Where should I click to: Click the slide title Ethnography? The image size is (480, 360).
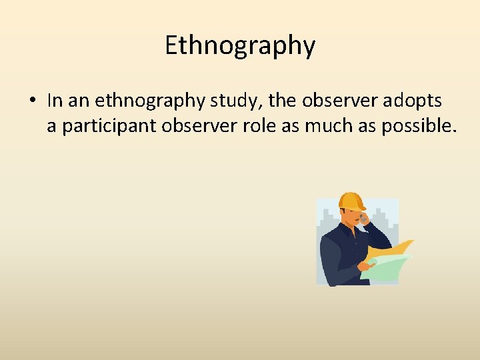click(240, 46)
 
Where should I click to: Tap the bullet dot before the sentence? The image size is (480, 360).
click(32, 101)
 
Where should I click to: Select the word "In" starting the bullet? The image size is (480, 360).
click(55, 101)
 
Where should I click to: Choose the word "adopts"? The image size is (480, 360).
click(414, 101)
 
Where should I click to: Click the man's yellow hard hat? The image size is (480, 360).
click(351, 201)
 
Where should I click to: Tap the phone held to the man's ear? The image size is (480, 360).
click(364, 219)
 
